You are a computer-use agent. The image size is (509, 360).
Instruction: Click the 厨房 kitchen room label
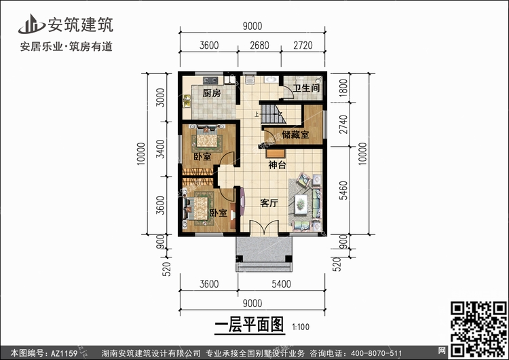tap(212, 93)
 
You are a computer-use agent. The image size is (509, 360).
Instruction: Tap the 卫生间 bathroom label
tap(306, 88)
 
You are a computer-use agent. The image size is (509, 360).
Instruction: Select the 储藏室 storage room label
tap(295, 134)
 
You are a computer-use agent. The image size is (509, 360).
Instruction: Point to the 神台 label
tap(277, 165)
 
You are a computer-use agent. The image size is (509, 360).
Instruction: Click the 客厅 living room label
tap(269, 203)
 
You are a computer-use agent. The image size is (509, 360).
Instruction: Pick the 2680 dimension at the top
tap(259, 45)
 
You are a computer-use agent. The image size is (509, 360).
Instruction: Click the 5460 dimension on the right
tap(343, 190)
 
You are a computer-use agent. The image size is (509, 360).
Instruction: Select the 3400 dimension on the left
tap(160, 149)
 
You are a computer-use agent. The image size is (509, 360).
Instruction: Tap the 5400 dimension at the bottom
tap(281, 284)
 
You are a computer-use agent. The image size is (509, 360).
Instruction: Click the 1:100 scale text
tap(301, 327)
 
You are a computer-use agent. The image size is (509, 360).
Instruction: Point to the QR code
tap(478, 329)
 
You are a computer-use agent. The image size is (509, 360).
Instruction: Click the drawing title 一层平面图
tap(249, 325)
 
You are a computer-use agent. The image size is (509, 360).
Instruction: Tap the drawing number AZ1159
tap(64, 353)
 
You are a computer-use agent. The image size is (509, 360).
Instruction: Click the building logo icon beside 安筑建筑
tap(31, 24)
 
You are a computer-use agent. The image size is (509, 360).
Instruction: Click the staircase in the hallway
tap(274, 114)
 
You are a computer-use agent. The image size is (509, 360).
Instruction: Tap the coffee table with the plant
tap(301, 204)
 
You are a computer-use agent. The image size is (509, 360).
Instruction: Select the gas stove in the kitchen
tap(210, 80)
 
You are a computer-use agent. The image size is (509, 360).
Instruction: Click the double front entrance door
tap(264, 228)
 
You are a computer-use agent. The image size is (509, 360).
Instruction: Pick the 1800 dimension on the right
tap(343, 88)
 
